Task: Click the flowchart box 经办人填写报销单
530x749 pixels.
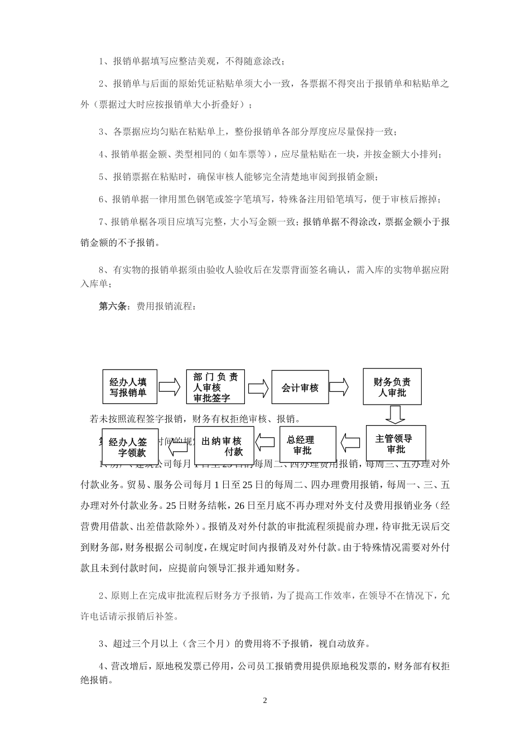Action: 129,387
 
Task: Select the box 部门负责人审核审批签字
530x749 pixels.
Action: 215,387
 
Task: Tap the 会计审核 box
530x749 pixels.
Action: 300,387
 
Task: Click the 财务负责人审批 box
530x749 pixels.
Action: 392,386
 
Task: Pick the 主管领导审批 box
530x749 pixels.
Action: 396,444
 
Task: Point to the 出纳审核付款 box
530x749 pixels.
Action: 224,445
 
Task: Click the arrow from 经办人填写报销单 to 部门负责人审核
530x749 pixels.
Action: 170,387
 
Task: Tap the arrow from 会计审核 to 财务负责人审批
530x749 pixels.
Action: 339,386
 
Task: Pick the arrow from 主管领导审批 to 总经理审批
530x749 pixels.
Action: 351,444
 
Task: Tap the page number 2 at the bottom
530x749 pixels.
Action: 265,700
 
